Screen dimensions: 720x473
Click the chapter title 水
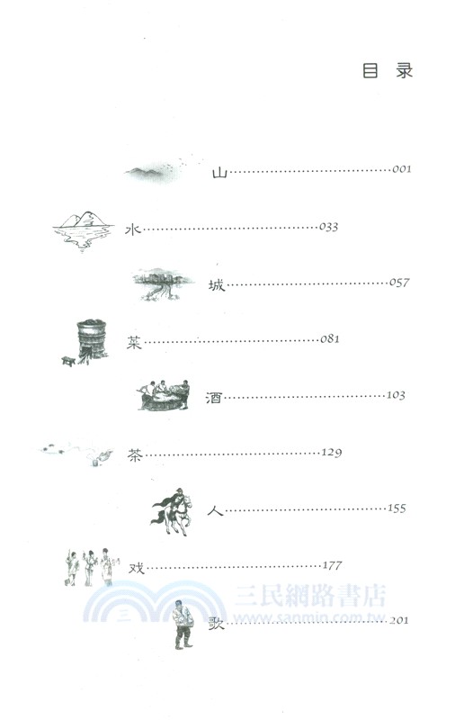point(131,228)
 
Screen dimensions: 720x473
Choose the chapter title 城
point(218,284)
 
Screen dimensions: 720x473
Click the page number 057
point(399,283)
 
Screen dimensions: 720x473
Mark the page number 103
point(396,395)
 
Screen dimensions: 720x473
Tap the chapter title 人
point(214,510)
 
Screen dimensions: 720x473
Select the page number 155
point(396,508)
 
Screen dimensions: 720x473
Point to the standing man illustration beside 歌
point(184,621)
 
